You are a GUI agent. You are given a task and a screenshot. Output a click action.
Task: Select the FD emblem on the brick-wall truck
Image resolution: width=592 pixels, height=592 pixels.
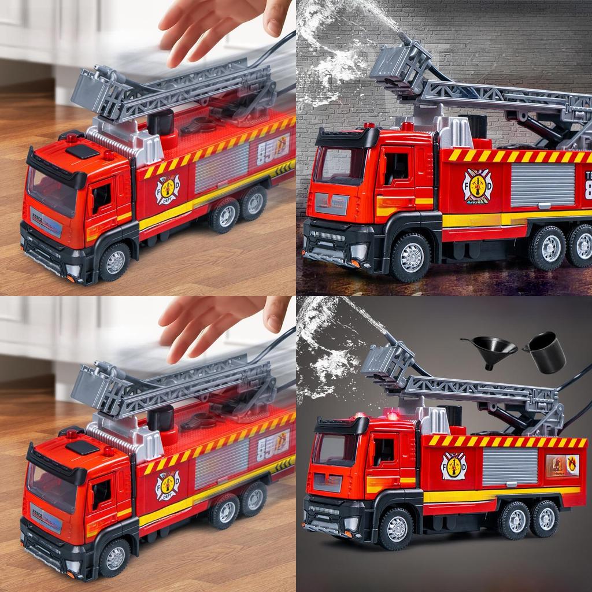(x=477, y=186)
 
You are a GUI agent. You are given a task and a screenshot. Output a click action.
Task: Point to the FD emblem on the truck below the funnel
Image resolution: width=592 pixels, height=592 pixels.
(x=454, y=465)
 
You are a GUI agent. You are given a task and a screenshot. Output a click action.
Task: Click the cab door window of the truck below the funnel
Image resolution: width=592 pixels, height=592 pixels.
(x=384, y=451)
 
